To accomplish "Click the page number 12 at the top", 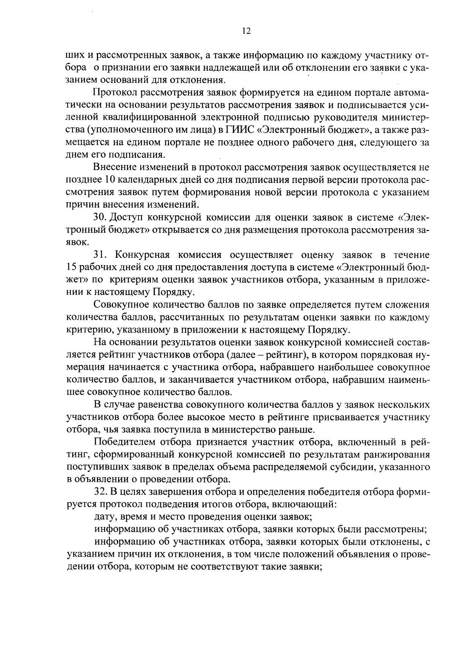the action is point(246,32).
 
